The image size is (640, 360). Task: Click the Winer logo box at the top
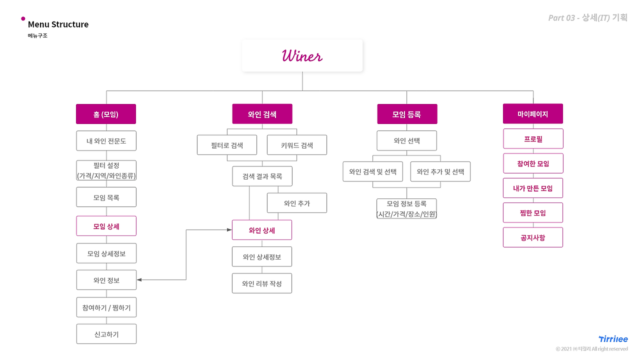(302, 55)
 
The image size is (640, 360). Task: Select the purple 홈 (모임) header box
(106, 114)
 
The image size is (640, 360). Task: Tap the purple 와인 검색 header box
(262, 114)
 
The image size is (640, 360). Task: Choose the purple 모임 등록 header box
(407, 114)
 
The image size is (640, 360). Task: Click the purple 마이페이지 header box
(533, 113)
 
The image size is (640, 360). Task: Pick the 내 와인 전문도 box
(106, 140)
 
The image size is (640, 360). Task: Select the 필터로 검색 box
(227, 145)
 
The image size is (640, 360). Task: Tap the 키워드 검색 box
(297, 145)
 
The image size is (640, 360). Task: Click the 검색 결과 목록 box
(262, 176)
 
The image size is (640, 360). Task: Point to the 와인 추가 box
(297, 203)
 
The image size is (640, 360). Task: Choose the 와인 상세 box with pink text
(262, 229)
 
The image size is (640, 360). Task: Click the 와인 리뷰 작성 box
(262, 283)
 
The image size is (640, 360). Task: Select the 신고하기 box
(106, 333)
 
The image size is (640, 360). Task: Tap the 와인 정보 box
(106, 279)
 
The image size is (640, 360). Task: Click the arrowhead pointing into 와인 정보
(139, 279)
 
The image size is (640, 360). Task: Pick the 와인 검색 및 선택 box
(373, 171)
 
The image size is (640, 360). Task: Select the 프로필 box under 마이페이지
(533, 138)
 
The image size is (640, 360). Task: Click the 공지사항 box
(533, 237)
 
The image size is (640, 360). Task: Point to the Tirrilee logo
(613, 339)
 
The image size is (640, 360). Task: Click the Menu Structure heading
(58, 24)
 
